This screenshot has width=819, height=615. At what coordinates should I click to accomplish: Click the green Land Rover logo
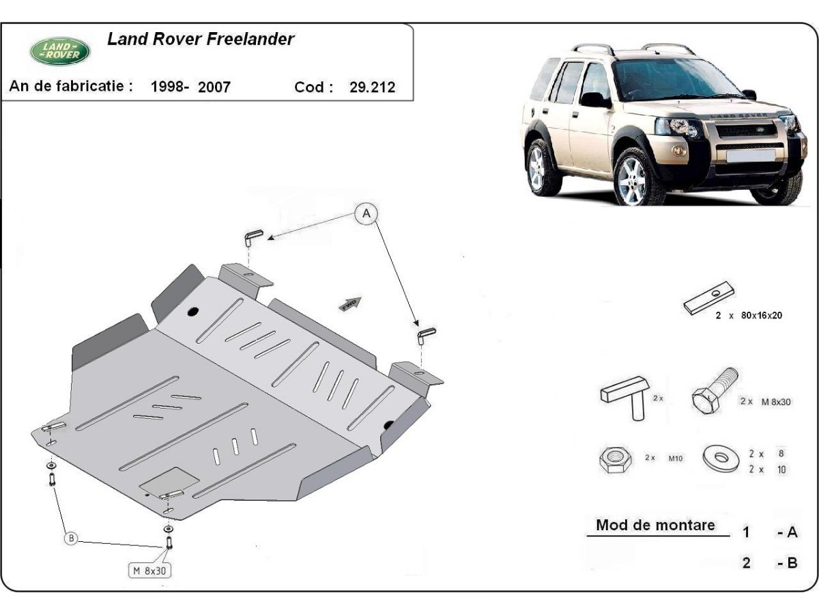pos(59,50)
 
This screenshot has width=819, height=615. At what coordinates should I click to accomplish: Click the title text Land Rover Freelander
pos(201,39)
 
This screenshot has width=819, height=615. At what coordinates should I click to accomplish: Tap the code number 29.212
pos(373,87)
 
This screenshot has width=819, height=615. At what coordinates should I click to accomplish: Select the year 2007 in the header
pos(214,87)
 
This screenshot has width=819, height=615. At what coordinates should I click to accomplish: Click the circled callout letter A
pos(367,214)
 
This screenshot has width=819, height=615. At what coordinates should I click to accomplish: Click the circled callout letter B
pos(71,538)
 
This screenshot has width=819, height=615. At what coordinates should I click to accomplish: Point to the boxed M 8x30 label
pos(149,570)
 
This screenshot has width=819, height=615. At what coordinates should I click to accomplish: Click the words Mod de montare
pos(655,525)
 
